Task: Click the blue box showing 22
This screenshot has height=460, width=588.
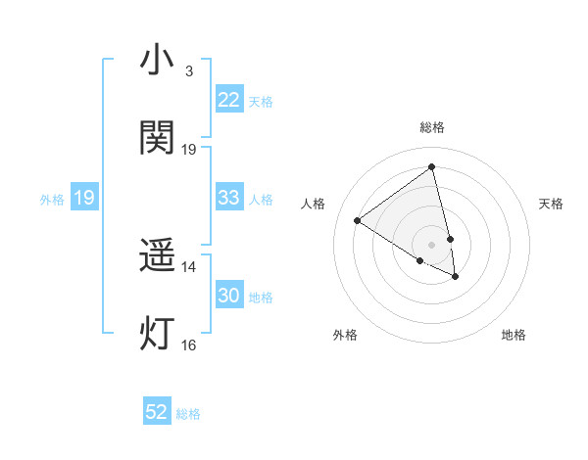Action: click(228, 100)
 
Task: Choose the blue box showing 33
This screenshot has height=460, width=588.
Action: click(228, 198)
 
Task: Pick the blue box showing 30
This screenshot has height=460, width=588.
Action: click(228, 296)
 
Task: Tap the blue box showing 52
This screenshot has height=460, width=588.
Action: click(157, 412)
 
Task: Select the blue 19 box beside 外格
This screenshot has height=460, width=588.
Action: click(84, 198)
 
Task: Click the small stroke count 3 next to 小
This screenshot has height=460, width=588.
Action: click(188, 71)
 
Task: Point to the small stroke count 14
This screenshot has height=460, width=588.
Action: click(188, 266)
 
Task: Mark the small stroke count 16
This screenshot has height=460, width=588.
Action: click(188, 345)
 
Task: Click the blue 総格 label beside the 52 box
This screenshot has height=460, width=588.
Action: click(188, 414)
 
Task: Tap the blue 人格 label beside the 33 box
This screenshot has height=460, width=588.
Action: click(261, 200)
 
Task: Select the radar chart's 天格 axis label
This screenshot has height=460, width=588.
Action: click(551, 204)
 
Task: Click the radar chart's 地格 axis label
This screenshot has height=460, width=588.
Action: click(514, 335)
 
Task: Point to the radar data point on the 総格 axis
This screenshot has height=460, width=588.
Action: click(431, 166)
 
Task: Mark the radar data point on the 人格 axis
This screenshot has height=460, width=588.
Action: click(358, 220)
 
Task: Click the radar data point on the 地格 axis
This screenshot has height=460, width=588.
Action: click(456, 277)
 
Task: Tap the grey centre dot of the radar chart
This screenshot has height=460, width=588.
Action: click(431, 244)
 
